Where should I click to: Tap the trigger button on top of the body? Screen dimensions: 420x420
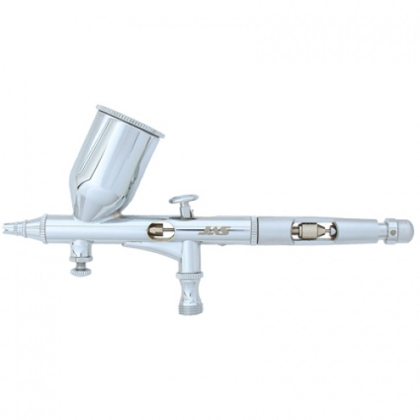(183, 200)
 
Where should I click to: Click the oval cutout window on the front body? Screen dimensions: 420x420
(160, 231)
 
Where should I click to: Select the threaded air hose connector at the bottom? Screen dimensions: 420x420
(190, 303)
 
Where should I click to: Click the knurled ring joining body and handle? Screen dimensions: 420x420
(254, 229)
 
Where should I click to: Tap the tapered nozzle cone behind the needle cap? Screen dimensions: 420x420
(29, 228)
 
